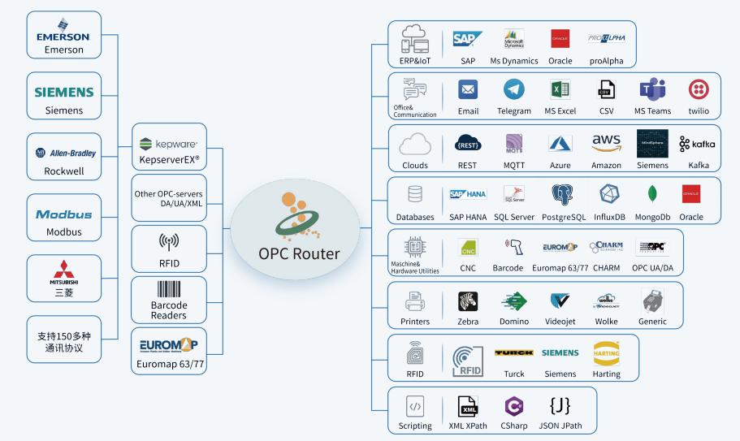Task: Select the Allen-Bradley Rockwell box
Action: [x=63, y=157]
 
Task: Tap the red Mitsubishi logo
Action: [x=63, y=267]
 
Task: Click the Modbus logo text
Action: [x=63, y=214]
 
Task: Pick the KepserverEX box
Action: [x=169, y=148]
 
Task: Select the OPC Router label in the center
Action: [x=300, y=253]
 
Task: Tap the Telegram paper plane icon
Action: [x=514, y=90]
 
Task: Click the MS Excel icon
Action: [x=560, y=90]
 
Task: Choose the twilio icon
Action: [x=699, y=90]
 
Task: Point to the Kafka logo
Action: [x=697, y=144]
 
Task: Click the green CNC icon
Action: [x=468, y=248]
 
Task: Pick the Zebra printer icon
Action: [x=468, y=301]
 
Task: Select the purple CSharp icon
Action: [x=513, y=406]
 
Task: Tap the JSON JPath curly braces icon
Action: [x=560, y=406]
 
